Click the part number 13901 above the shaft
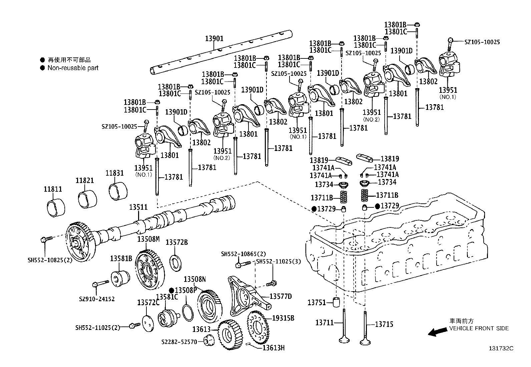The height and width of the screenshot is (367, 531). coord(214,39)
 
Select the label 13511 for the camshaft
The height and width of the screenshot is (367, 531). coord(138,207)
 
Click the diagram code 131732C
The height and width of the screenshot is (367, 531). coord(501,348)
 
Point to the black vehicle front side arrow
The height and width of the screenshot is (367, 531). coord(438,331)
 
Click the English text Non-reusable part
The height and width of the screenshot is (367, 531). coord(73,68)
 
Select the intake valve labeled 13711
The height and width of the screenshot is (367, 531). coord(344,326)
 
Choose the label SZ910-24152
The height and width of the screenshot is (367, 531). coord(97,299)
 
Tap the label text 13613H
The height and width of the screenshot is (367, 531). coord(273,348)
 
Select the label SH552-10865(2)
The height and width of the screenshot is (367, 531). coord(243,254)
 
